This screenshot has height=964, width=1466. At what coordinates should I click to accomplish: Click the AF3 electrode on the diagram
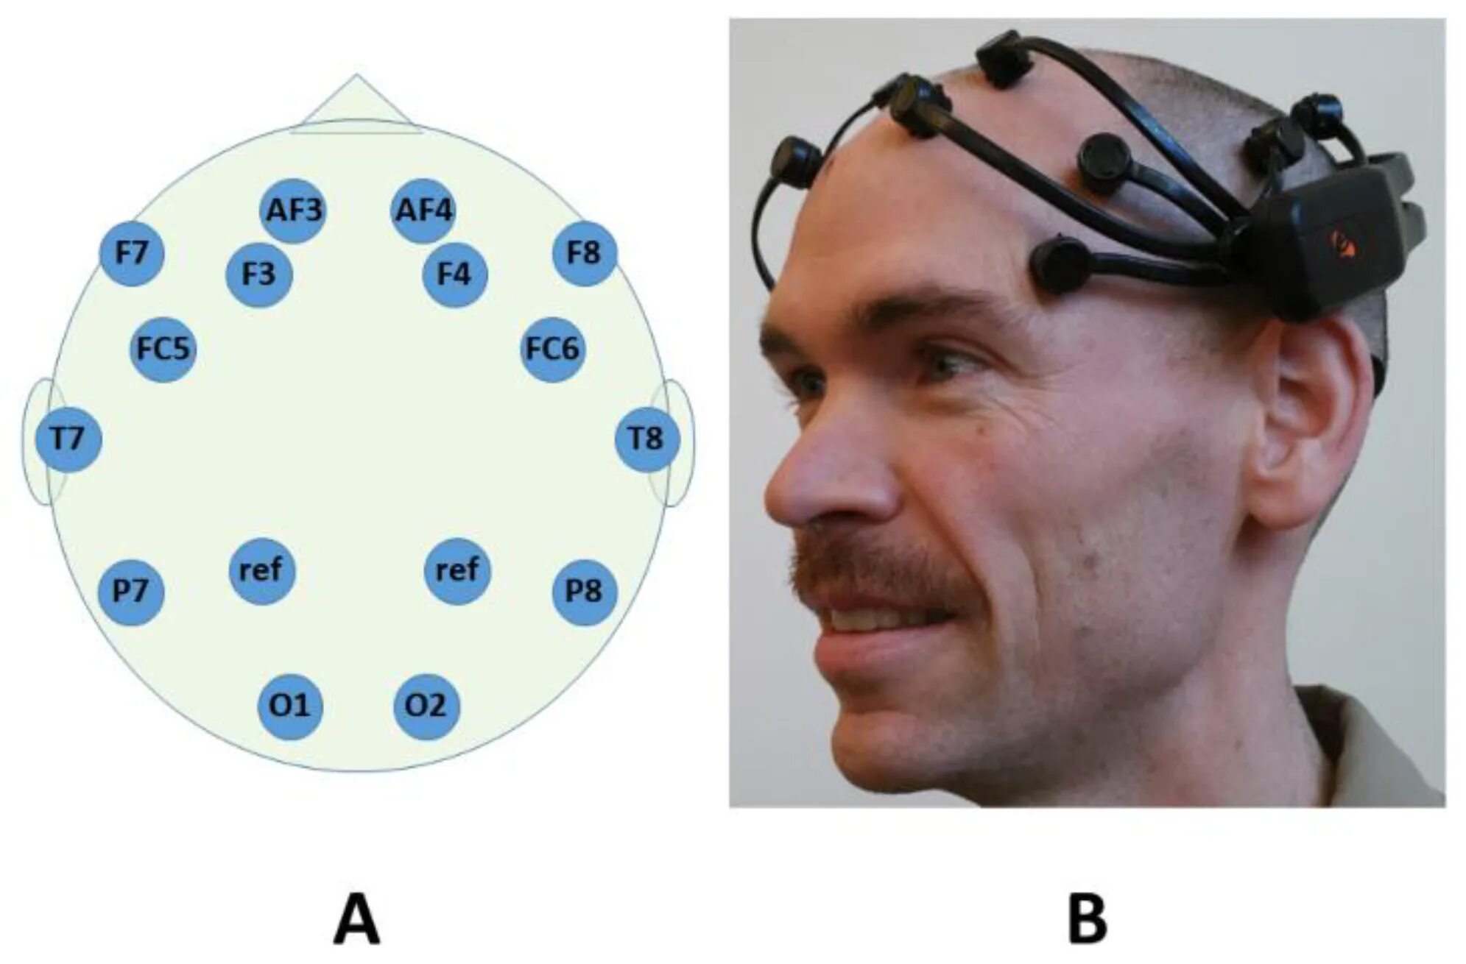[x=293, y=210]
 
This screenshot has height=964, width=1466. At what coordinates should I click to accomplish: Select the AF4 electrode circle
[x=423, y=210]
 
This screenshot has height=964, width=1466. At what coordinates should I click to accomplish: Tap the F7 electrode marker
[x=132, y=253]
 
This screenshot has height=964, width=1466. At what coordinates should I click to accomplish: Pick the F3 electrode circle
[x=258, y=274]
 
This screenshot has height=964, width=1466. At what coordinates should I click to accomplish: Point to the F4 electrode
[x=454, y=274]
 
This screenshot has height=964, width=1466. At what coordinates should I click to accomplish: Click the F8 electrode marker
[x=584, y=253]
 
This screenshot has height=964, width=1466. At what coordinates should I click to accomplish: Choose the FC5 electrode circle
[x=163, y=349]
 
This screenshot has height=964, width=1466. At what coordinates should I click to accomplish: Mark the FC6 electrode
[x=553, y=349]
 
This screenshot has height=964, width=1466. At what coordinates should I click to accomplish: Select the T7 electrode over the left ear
[x=68, y=439]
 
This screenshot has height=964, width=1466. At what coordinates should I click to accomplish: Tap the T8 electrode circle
[x=646, y=439]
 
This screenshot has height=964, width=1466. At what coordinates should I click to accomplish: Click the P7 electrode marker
[x=131, y=592]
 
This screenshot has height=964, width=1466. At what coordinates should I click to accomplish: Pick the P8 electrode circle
[x=584, y=592]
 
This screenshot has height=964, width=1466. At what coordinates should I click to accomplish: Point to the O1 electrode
[x=290, y=706]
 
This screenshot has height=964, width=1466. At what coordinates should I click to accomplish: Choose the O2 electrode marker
[x=426, y=706]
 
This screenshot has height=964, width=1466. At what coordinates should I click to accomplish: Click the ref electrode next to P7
[x=261, y=570]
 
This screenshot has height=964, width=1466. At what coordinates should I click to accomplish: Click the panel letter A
[x=356, y=919]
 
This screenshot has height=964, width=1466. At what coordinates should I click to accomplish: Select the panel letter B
[x=1087, y=919]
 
